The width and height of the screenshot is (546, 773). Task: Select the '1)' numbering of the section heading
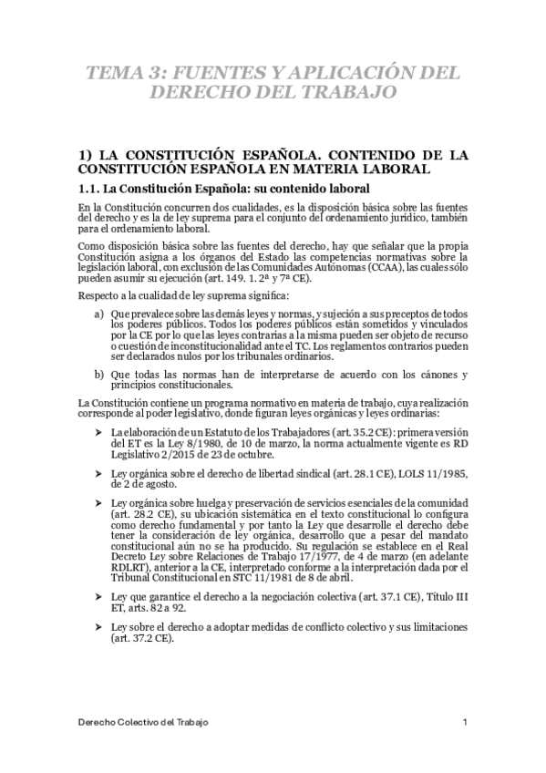tap(88, 154)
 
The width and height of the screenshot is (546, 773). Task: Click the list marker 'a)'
tap(98, 313)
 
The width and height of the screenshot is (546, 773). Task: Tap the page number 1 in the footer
tap(466, 722)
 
